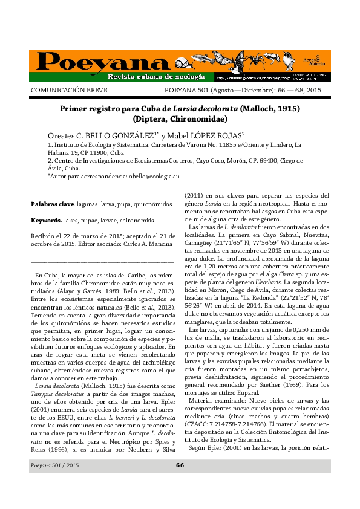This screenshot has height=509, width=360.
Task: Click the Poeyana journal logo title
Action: (x=93, y=61)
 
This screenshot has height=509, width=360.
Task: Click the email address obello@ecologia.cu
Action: (x=154, y=175)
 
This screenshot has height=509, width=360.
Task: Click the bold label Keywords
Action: (x=46, y=220)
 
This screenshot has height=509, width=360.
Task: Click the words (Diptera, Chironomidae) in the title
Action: (x=180, y=120)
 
